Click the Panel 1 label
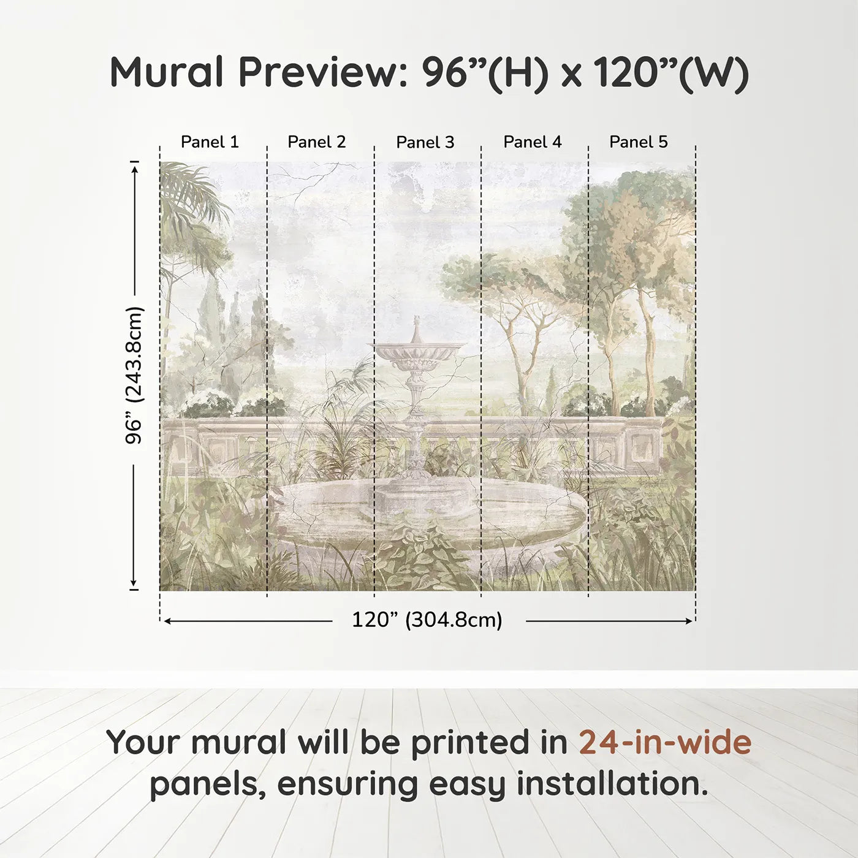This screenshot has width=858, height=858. click(210, 142)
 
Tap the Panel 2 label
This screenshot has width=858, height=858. click(316, 142)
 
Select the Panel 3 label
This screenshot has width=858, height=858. click(425, 143)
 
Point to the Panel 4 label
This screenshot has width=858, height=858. click(532, 142)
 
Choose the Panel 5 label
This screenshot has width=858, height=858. click(638, 142)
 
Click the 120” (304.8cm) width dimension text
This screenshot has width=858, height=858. click(427, 620)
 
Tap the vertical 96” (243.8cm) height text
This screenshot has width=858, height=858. click(134, 375)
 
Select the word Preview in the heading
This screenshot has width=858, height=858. click(319, 72)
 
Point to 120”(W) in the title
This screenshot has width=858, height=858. click(670, 72)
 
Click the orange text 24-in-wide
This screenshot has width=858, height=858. click(665, 743)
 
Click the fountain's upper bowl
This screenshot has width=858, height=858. click(417, 354)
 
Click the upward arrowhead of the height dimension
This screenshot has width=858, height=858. click(134, 166)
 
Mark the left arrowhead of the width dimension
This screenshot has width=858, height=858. click(167, 621)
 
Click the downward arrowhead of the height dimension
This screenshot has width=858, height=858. click(134, 584)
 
